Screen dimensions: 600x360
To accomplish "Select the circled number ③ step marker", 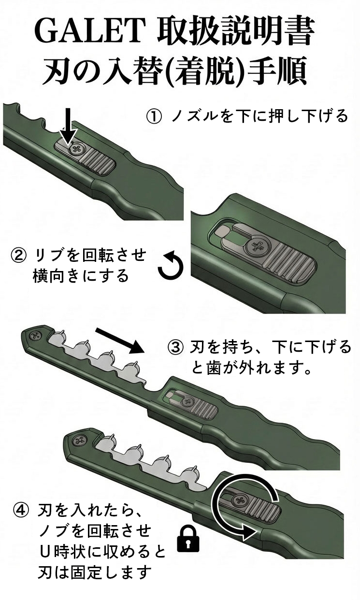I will pyautogui.click(x=175, y=347).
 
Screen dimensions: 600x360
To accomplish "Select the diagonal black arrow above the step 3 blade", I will pyautogui.click(x=118, y=340).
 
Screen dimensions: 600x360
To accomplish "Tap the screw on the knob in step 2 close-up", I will pyautogui.click(x=255, y=247).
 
